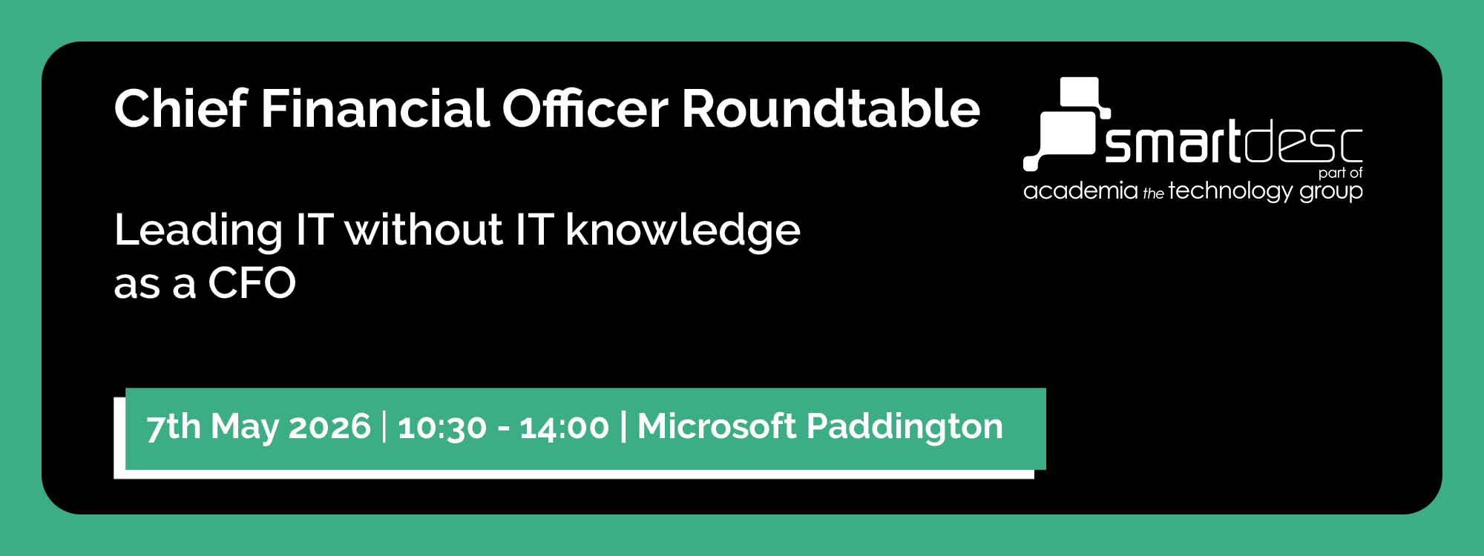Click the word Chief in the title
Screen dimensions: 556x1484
[180, 109]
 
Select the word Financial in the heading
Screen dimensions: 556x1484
[375, 109]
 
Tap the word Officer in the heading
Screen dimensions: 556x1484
[585, 109]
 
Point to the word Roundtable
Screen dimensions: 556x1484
[831, 109]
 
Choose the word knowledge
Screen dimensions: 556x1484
[683, 231]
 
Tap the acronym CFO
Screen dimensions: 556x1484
[252, 283]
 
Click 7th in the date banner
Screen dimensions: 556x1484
[173, 427]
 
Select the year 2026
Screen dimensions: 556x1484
[329, 427]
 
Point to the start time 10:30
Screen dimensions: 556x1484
[442, 428]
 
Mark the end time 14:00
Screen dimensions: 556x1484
[564, 428]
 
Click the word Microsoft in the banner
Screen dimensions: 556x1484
[716, 426]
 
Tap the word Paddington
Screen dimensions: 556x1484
[904, 428]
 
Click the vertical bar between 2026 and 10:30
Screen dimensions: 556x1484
[384, 427]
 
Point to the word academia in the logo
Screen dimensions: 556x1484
[1080, 191]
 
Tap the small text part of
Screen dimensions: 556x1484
[1340, 173]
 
